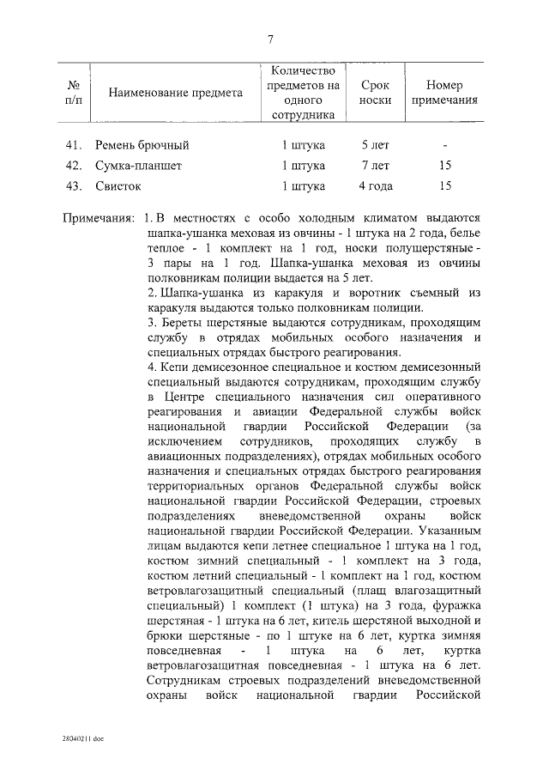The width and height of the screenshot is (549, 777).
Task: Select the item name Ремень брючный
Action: click(x=142, y=145)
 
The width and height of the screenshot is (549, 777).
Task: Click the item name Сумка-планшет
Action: click(x=139, y=165)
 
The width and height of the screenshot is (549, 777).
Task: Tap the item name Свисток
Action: click(x=118, y=185)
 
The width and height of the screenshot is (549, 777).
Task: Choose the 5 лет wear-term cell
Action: click(x=375, y=145)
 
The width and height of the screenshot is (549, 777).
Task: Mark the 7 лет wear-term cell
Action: click(x=375, y=165)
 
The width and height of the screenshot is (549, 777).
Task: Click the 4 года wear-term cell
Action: click(x=375, y=185)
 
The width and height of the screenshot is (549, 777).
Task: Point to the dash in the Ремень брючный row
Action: click(x=444, y=145)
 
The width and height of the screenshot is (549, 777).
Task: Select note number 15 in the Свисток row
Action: click(x=444, y=185)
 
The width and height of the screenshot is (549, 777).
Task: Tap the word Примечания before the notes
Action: click(x=100, y=219)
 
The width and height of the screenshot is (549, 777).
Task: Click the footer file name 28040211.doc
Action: click(x=81, y=738)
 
